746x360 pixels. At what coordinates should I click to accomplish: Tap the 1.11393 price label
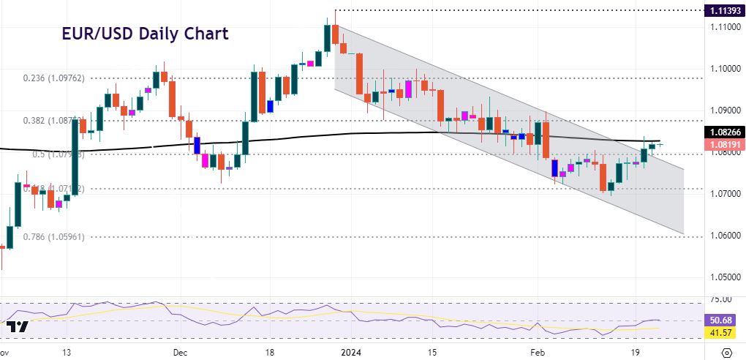click(723, 11)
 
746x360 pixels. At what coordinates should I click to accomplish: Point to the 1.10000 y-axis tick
click(723, 68)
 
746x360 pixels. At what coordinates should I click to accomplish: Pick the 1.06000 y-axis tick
click(723, 236)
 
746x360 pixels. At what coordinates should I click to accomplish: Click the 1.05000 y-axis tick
click(723, 277)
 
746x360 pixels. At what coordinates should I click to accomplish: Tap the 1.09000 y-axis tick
click(723, 110)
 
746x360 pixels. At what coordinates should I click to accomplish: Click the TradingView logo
click(19, 327)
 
